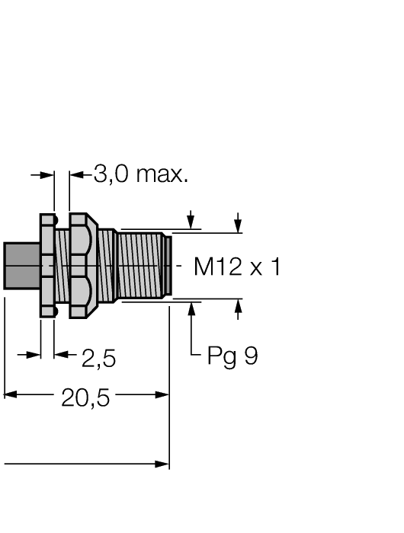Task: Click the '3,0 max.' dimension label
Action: pos(140,175)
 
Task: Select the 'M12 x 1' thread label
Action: pos(237,266)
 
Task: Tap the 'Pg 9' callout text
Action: pos(232,356)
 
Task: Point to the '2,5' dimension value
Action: pos(98,357)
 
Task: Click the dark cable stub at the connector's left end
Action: pos(21,266)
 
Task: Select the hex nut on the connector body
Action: pos(82,266)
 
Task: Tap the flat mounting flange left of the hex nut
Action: pos(47,266)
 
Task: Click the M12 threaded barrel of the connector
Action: pos(141,266)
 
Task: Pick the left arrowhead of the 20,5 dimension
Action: pos(10,394)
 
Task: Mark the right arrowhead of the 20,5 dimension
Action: pos(162,394)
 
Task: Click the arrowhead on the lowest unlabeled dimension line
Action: pos(162,464)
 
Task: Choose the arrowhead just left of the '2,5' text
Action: pos(60,354)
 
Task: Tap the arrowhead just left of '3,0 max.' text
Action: pos(75,175)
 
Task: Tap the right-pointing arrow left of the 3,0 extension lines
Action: pos(48,175)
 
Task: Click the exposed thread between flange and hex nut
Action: pos(62,266)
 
